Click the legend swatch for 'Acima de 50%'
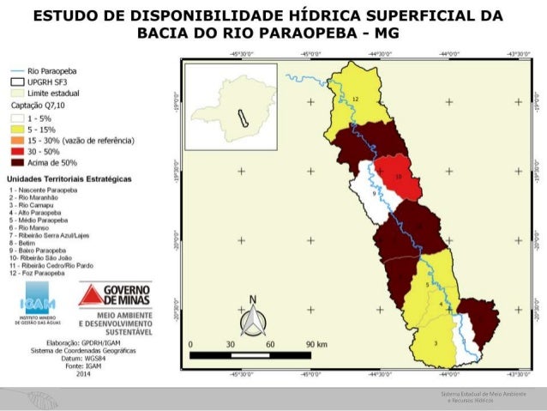pyautogui.click(x=16, y=160)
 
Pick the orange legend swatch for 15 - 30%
pyautogui.click(x=16, y=138)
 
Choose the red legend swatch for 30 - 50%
pyautogui.click(x=16, y=149)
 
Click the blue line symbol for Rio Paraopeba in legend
pyautogui.click(x=16, y=73)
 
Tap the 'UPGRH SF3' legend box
pyautogui.click(x=16, y=83)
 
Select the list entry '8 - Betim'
pyautogui.click(x=23, y=243)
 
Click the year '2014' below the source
pyautogui.click(x=83, y=374)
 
